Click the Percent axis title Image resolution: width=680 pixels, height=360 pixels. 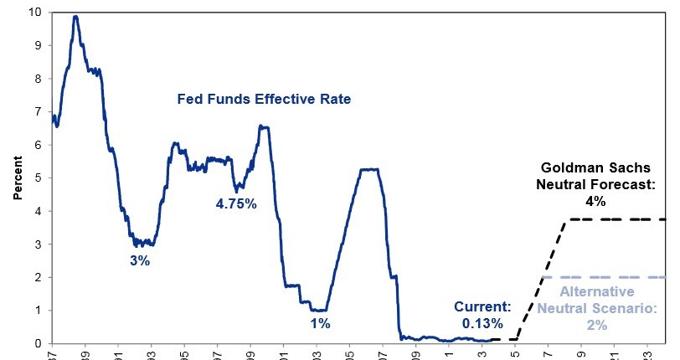tap(17, 177)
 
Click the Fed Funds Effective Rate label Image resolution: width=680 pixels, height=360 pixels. tap(264, 99)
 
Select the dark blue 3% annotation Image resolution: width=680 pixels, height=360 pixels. tap(139, 260)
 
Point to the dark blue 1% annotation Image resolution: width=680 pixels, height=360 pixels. tap(321, 322)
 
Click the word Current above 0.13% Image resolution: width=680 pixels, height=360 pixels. tap(481, 306)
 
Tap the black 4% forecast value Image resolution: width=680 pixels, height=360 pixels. tap(596, 201)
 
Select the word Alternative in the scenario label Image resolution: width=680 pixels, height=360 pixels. tap(597, 292)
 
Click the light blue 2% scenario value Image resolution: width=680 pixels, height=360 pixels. tap(596, 324)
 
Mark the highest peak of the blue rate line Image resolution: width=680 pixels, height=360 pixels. tap(75, 16)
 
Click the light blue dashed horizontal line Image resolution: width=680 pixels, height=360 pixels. tap(603, 277)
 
